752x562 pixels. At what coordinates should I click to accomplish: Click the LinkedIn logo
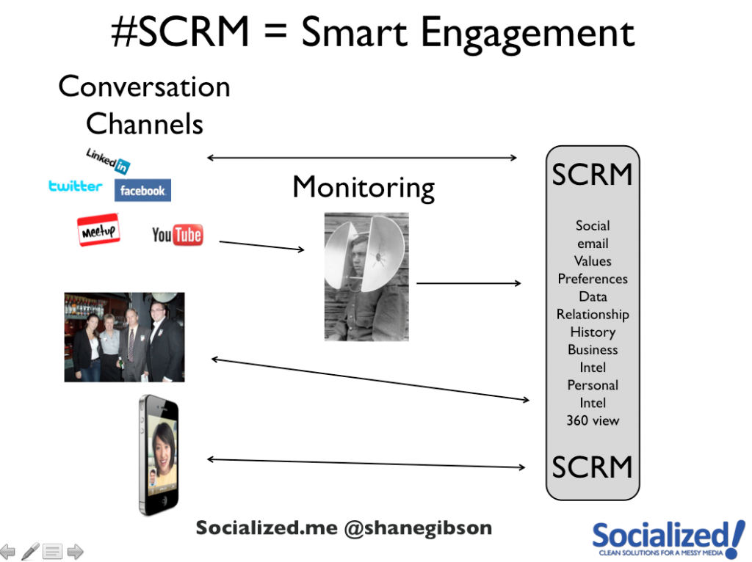coord(108,161)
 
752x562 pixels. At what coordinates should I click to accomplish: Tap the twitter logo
coord(76,186)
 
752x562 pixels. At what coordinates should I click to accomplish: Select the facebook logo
coord(142,190)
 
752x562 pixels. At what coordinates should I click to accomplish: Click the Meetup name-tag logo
coord(98,230)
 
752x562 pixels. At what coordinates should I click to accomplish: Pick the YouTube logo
coord(178,235)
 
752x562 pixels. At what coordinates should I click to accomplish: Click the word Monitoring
coord(364,187)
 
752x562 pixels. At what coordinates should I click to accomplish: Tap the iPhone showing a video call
coord(159,455)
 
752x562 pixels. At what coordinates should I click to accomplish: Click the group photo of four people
coord(124,337)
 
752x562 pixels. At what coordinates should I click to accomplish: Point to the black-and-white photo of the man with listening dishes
coord(366,277)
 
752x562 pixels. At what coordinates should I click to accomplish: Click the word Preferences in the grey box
coord(593,279)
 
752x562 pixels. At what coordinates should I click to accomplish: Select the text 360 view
coord(593,420)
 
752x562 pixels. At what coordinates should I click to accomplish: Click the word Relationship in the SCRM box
coord(593,315)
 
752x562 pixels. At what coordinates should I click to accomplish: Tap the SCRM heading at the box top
coord(593,175)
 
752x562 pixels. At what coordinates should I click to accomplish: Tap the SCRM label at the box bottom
coord(593,467)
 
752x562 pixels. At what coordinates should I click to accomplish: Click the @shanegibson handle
coord(418,528)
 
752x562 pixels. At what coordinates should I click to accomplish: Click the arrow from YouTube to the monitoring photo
coord(262,245)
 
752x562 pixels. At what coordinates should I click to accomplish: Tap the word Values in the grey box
coord(593,261)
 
